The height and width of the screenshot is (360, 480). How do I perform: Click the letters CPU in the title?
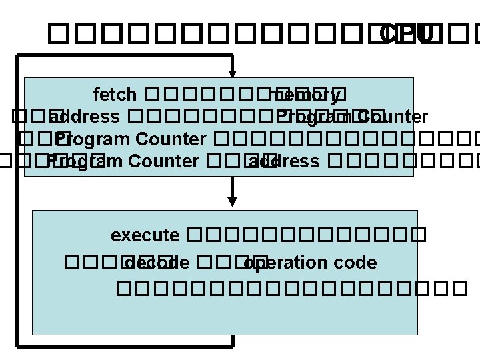tap(406, 32)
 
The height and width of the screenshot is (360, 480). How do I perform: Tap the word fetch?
tap(115, 95)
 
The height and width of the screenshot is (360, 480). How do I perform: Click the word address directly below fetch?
tap(85, 117)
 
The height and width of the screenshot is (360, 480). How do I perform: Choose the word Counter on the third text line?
tap(171, 139)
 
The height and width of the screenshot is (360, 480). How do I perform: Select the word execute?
tap(145, 235)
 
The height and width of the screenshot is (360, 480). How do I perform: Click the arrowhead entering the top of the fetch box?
tap(232, 72)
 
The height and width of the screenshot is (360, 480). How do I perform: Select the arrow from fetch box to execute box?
tap(232, 190)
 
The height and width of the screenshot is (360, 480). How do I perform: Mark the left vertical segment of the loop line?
tap(19, 200)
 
